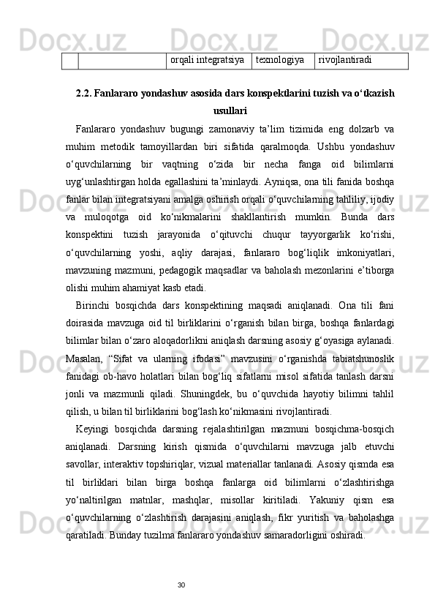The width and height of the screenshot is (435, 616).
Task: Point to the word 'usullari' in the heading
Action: [230, 111]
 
